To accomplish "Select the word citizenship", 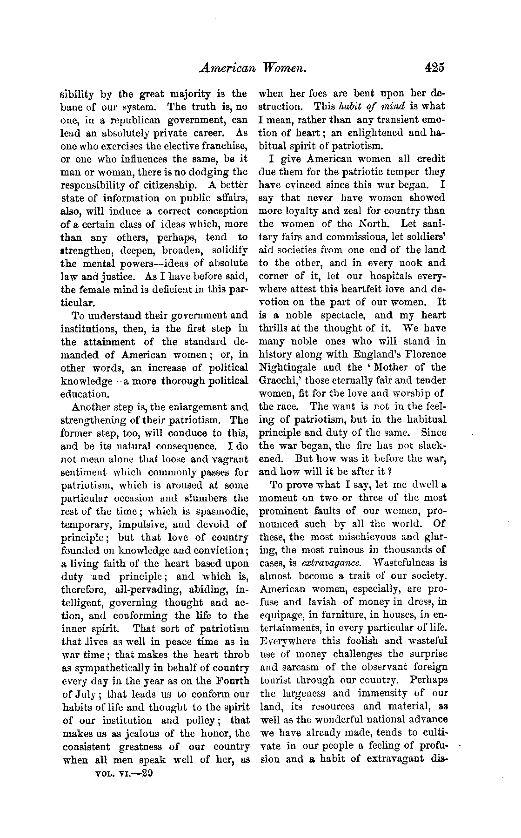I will (156, 185).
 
